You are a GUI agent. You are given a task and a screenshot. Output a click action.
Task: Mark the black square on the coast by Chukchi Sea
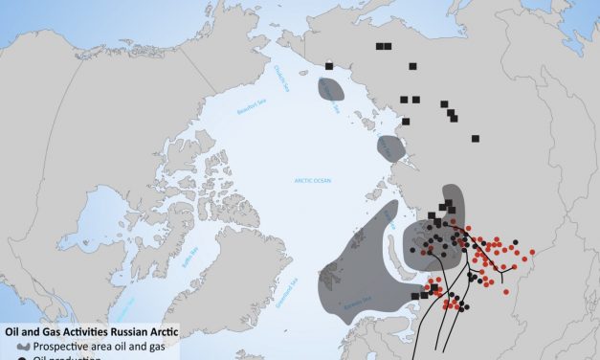click(x=329, y=66)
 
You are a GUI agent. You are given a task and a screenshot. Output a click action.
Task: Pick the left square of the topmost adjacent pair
click(x=380, y=46)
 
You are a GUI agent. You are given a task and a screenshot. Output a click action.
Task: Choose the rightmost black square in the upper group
click(x=475, y=139)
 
